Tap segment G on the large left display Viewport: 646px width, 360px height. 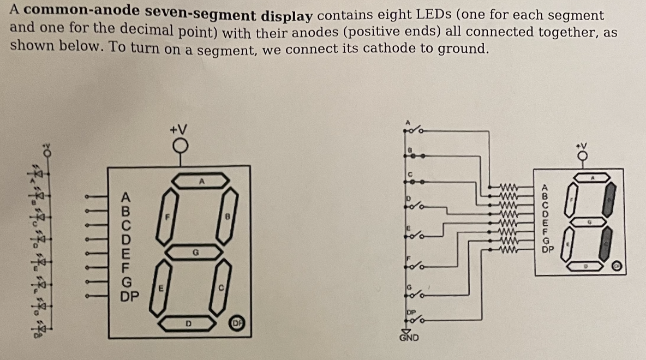click(x=194, y=252)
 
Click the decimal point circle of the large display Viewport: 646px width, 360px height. click(x=238, y=323)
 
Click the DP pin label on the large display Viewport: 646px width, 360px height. click(x=130, y=297)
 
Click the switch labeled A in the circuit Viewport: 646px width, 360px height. click(x=415, y=130)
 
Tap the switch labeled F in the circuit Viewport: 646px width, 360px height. click(x=415, y=266)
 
